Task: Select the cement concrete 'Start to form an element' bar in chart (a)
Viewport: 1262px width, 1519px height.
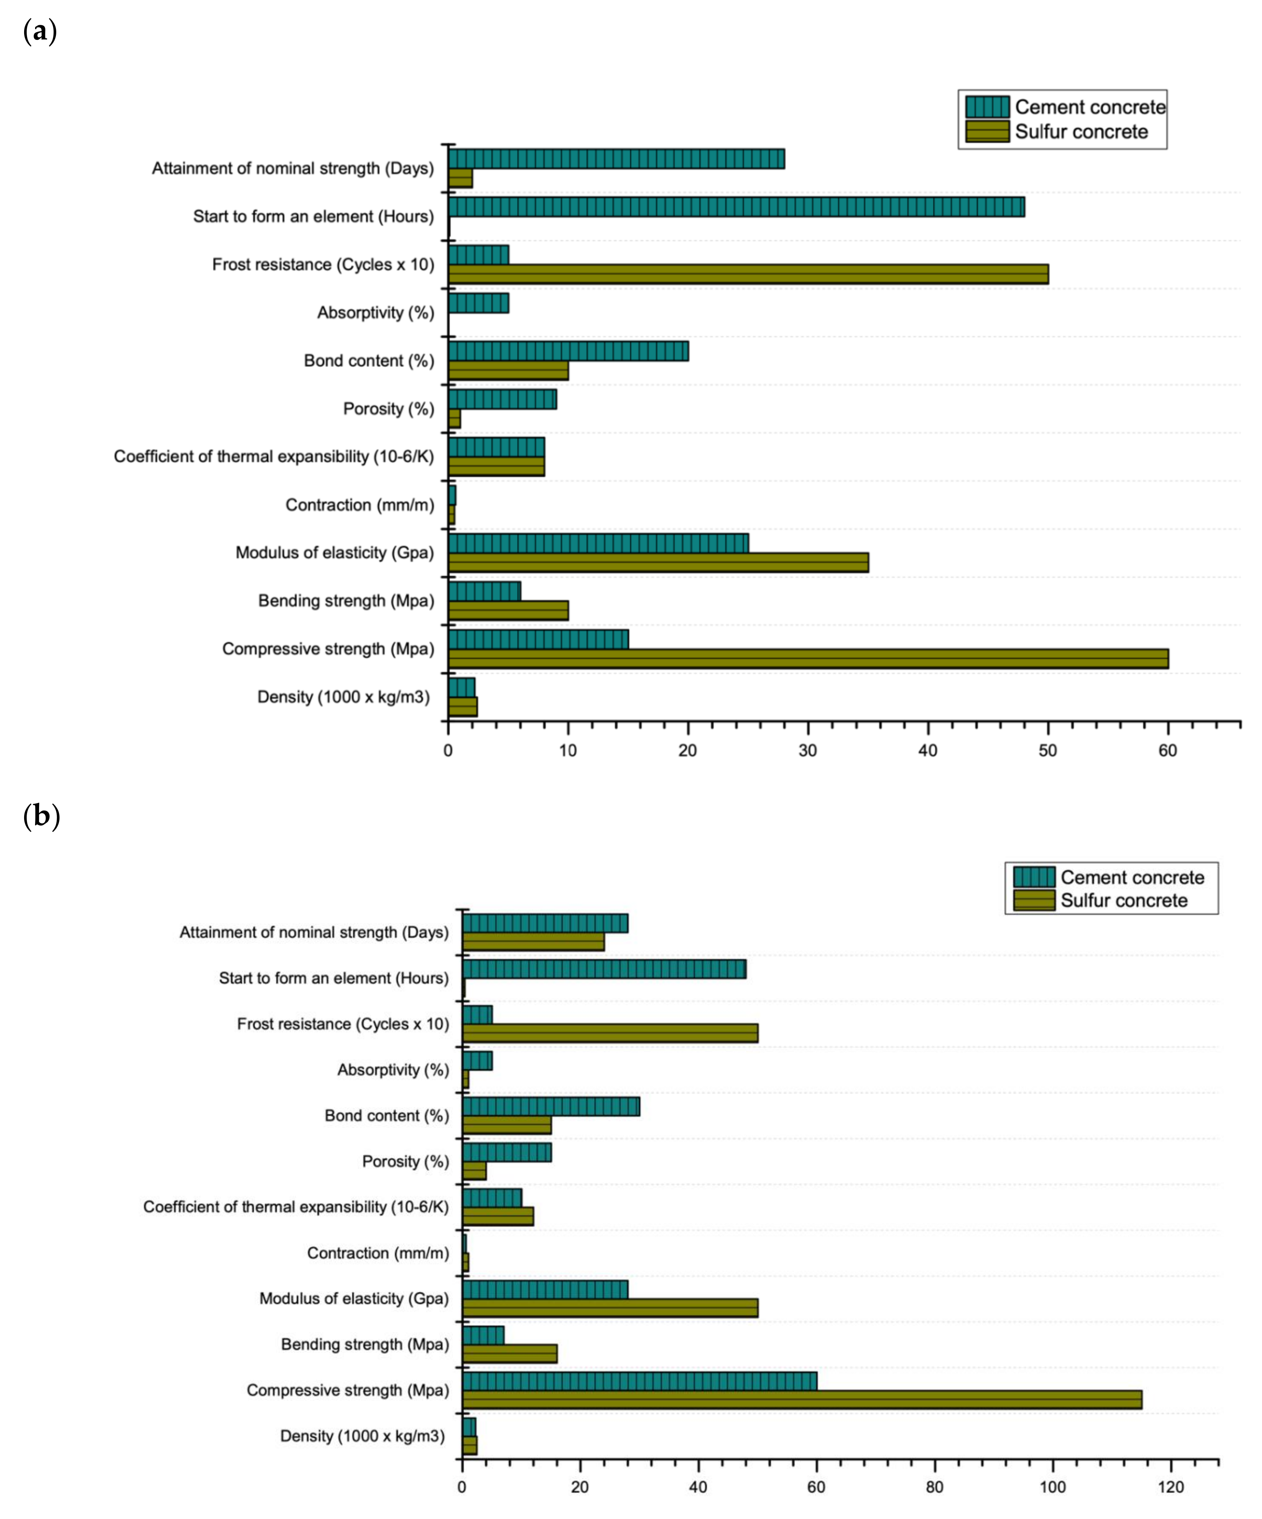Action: (736, 207)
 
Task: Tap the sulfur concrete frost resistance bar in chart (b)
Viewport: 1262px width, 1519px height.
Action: (610, 1033)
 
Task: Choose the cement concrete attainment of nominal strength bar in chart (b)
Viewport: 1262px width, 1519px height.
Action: (545, 923)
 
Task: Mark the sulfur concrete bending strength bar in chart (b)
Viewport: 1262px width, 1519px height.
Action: (509, 1354)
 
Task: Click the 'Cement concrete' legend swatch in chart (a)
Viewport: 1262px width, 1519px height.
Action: (987, 107)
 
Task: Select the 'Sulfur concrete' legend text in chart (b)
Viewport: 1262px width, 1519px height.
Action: (1124, 901)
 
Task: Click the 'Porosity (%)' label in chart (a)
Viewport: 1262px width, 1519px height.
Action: (389, 409)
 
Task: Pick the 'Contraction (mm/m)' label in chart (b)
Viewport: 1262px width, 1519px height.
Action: (378, 1253)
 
